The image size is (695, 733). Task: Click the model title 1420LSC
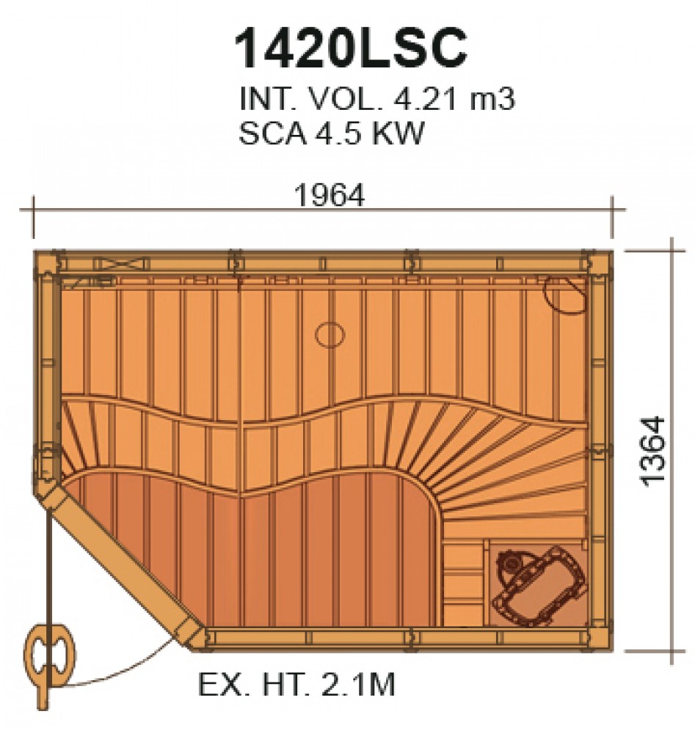351,48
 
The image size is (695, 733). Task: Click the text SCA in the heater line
272,133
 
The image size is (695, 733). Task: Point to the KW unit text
398,133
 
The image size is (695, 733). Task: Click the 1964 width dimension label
329,196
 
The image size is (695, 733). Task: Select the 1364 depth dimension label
653,451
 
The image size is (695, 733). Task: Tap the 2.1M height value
358,685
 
